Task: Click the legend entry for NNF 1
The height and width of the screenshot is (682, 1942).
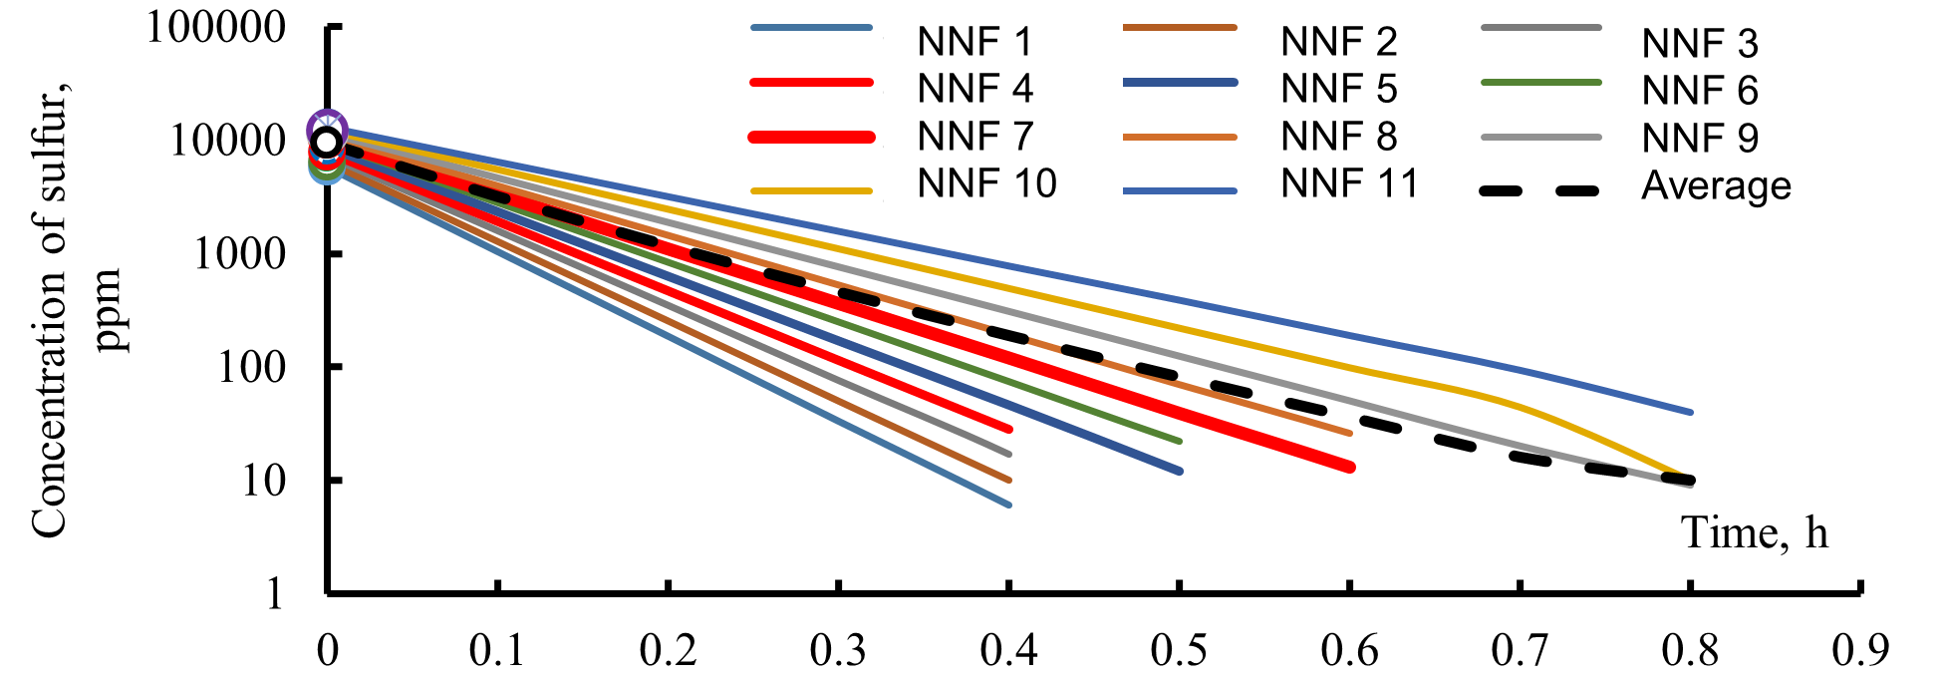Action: (x=973, y=42)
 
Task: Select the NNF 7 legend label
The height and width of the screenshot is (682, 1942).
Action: (x=973, y=137)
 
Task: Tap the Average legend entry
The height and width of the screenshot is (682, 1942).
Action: (x=1715, y=186)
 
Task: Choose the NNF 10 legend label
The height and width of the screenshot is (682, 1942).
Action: (x=985, y=183)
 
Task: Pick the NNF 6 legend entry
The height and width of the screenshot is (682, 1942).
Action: (x=1699, y=91)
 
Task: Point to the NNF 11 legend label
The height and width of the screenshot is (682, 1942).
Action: (x=1348, y=183)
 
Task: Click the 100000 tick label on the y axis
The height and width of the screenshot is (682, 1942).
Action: (x=216, y=27)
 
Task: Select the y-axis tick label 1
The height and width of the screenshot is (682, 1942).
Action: (x=275, y=594)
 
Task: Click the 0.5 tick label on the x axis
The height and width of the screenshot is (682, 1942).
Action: (x=1180, y=651)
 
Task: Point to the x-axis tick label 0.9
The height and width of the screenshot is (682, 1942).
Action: (x=1860, y=651)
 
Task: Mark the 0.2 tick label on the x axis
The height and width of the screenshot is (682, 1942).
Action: (x=669, y=651)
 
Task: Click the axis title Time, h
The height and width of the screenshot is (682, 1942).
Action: (x=1755, y=532)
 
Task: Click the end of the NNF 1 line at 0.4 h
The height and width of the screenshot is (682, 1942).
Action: (x=1009, y=506)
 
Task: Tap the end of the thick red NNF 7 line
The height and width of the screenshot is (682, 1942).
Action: (x=1350, y=467)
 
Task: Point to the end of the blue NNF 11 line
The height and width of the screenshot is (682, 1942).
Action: (x=1691, y=412)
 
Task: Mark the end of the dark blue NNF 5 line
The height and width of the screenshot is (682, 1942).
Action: (x=1180, y=471)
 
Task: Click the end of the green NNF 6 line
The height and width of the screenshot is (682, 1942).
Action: (x=1180, y=441)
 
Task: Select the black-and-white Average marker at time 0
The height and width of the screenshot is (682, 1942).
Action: (x=326, y=142)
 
